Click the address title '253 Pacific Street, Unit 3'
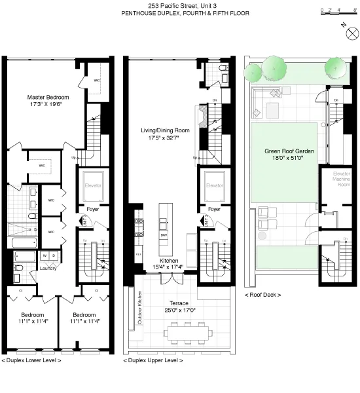pyautogui.click(x=179, y=5)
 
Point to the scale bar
pyautogui.click(x=334, y=11)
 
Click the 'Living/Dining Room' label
pyautogui.click(x=165, y=130)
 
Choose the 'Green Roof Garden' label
pyautogui.click(x=285, y=151)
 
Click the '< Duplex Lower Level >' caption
pyautogui.click(x=32, y=361)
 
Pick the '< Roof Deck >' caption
pyautogui.click(x=262, y=295)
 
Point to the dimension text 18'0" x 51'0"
pyautogui.click(x=285, y=159)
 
